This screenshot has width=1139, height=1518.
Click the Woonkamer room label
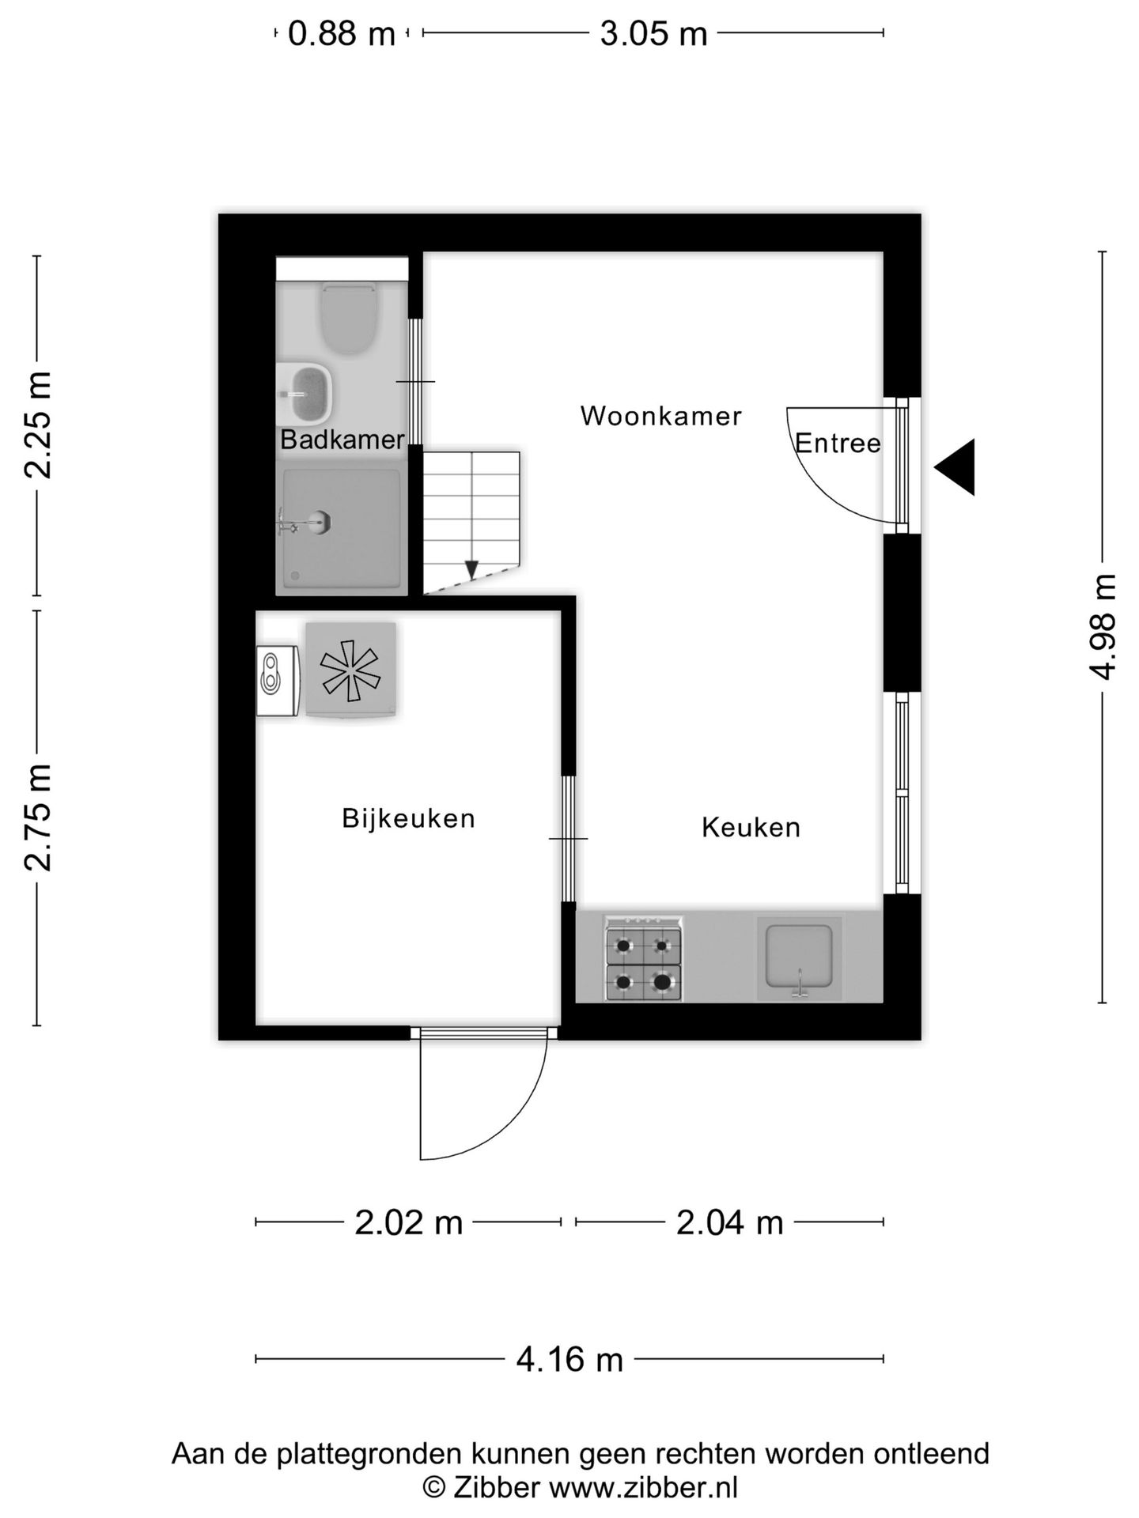pyautogui.click(x=660, y=416)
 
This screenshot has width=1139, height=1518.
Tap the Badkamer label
pyautogui.click(x=342, y=440)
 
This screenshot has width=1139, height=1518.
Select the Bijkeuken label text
pyautogui.click(x=408, y=818)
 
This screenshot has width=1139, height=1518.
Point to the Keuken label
pyautogui.click(x=751, y=828)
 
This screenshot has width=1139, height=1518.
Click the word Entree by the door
pyautogui.click(x=837, y=444)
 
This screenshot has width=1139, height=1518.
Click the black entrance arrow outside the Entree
pyautogui.click(x=958, y=467)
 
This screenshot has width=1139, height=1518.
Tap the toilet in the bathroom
pyautogui.click(x=348, y=319)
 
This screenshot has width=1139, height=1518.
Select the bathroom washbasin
pyautogui.click(x=308, y=393)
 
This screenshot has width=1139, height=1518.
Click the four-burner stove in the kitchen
pyautogui.click(x=643, y=959)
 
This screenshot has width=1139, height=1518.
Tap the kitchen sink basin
pyautogui.click(x=799, y=957)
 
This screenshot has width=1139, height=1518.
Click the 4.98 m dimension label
pyautogui.click(x=1103, y=627)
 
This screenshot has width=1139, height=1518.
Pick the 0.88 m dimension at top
pyautogui.click(x=341, y=34)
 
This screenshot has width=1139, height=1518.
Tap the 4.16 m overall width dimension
pyautogui.click(x=569, y=1360)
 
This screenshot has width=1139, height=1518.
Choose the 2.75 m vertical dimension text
pyautogui.click(x=37, y=818)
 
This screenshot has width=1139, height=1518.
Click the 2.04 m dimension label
pyautogui.click(x=729, y=1223)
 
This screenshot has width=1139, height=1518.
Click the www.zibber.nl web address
pyautogui.click(x=643, y=1488)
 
